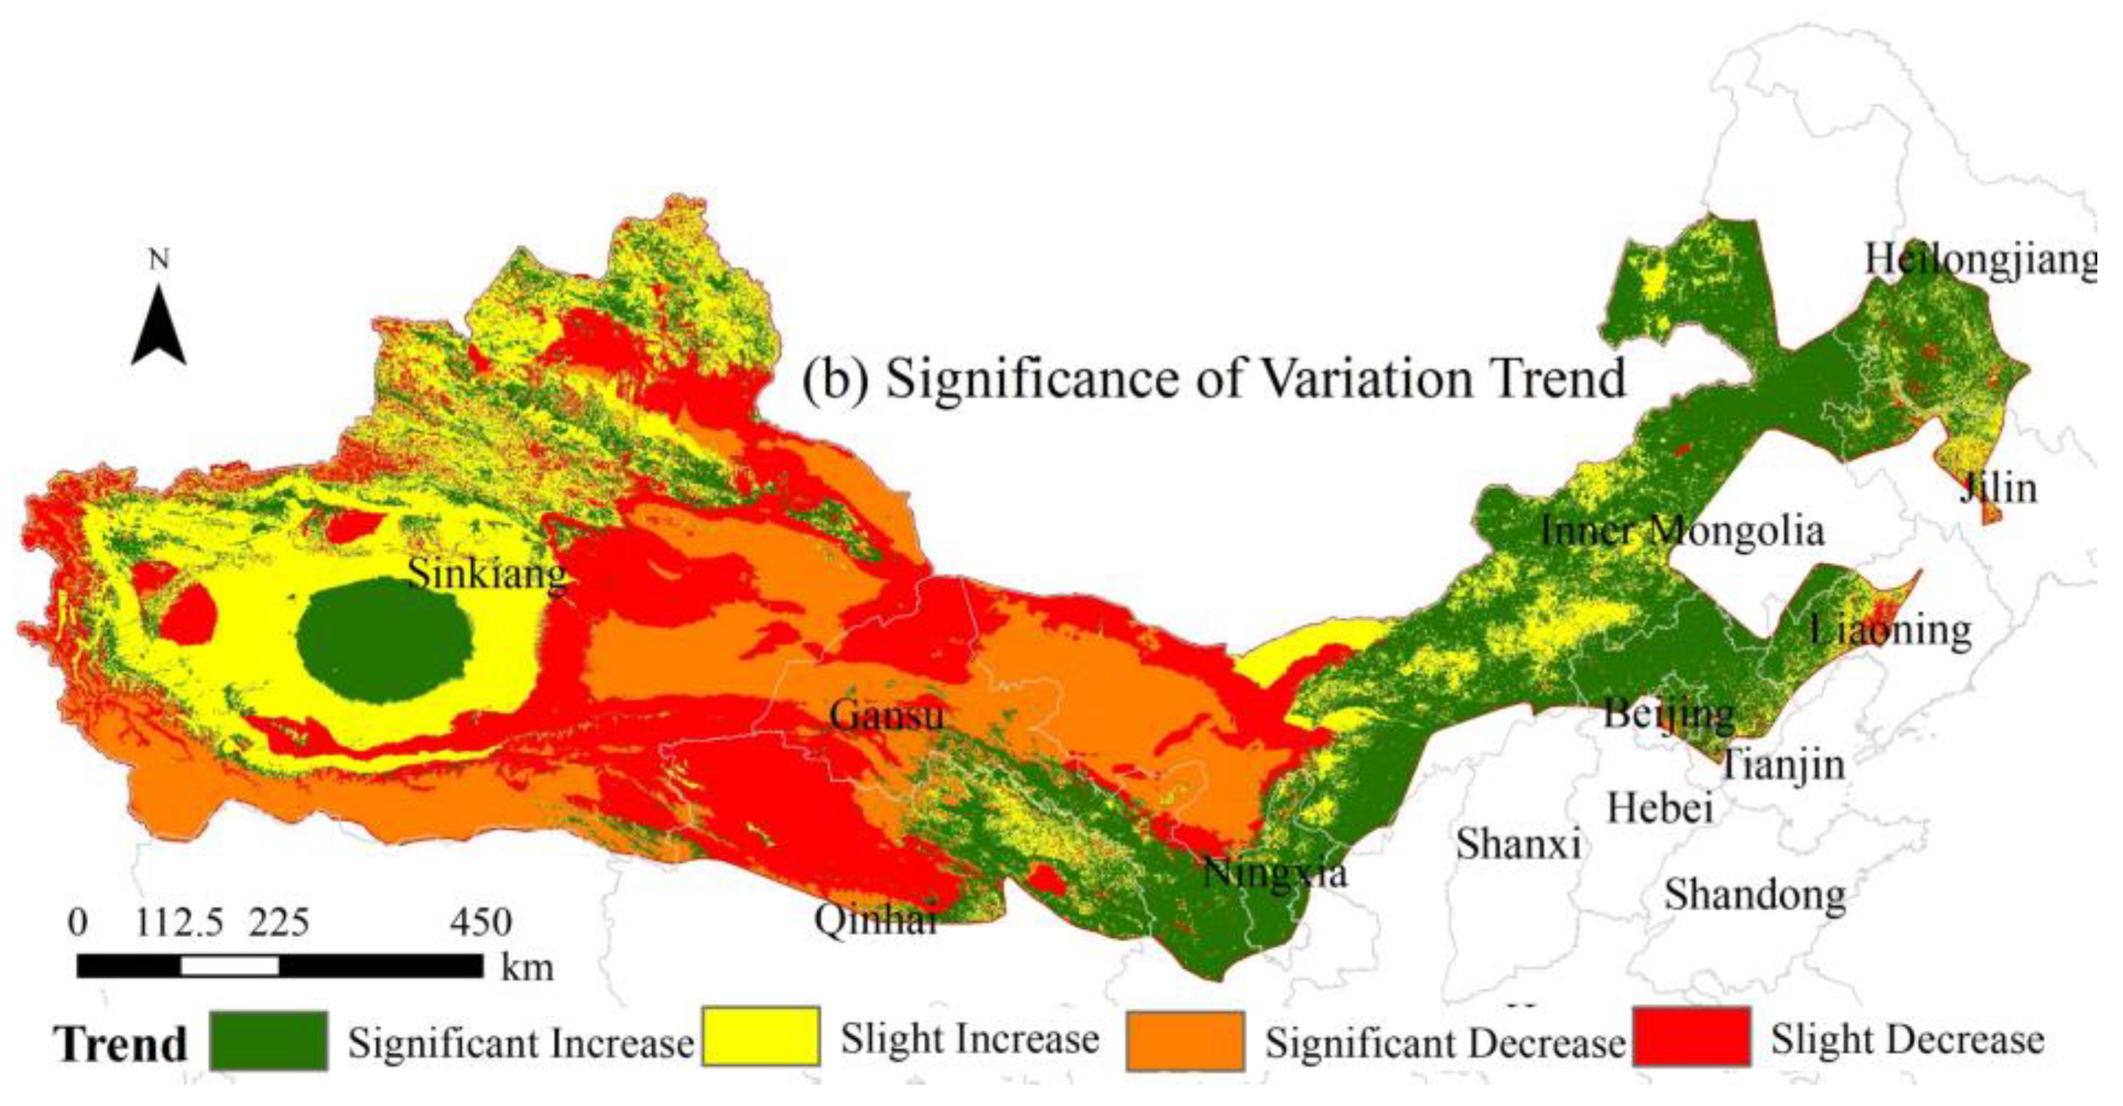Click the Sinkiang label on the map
pyautogui.click(x=488, y=574)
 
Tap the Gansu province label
pyautogui.click(x=886, y=715)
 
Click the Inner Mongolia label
pyautogui.click(x=1682, y=531)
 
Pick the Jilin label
pyautogui.click(x=1997, y=488)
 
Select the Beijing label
pyautogui.click(x=1668, y=714)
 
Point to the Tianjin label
pyautogui.click(x=1782, y=765)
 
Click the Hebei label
pyautogui.click(x=1660, y=808)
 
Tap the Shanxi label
pyautogui.click(x=1518, y=844)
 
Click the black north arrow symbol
pyautogui.click(x=158, y=328)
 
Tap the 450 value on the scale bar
pyautogui.click(x=480, y=922)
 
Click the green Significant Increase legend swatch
pyautogui.click(x=268, y=1041)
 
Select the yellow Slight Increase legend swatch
pyautogui.click(x=760, y=1037)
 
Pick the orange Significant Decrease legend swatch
pyautogui.click(x=1185, y=1041)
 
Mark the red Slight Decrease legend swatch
pyautogui.click(x=1691, y=1037)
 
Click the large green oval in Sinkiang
pyautogui.click(x=384, y=640)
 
